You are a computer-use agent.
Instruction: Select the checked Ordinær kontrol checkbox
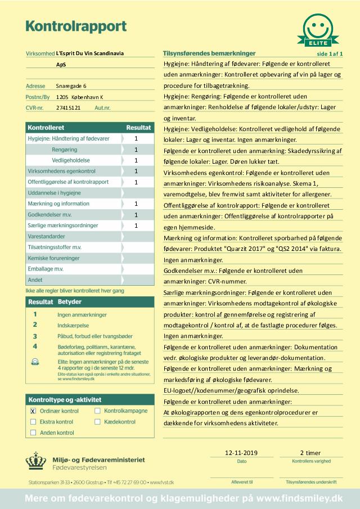point(33,411)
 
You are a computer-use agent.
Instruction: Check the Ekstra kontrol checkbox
point(33,422)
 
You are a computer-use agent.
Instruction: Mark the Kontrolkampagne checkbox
point(97,411)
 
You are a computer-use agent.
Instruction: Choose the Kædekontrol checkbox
point(97,422)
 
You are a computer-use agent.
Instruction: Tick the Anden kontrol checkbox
point(33,433)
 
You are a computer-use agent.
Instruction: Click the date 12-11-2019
point(241,452)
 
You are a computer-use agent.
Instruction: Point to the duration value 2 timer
point(310,452)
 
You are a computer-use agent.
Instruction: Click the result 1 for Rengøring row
point(136,149)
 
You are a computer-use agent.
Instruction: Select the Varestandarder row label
point(46,236)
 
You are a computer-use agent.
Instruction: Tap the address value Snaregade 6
point(71,86)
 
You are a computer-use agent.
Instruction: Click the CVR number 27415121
point(69,107)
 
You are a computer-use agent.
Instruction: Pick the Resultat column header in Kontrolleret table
point(138,128)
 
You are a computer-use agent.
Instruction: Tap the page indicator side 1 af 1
point(330,54)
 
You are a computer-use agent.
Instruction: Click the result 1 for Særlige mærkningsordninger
point(136,226)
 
